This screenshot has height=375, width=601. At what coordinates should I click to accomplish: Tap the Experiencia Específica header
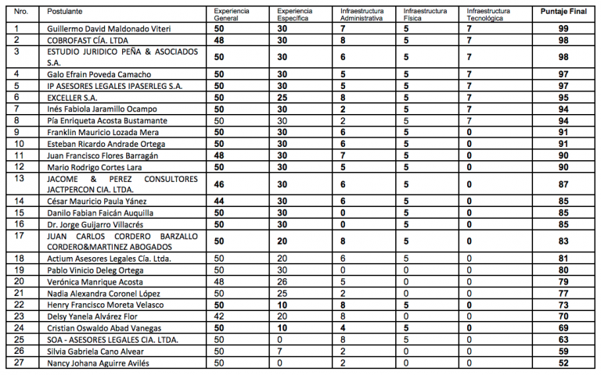(x=293, y=15)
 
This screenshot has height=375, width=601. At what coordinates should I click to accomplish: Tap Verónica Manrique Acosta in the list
(x=95, y=281)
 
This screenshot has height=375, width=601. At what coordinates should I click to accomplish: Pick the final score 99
(x=563, y=29)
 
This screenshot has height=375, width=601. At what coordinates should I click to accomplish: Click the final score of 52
(x=563, y=362)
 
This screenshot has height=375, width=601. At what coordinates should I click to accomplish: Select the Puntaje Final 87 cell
(x=563, y=184)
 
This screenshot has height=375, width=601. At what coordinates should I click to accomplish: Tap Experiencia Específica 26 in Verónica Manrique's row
(x=282, y=281)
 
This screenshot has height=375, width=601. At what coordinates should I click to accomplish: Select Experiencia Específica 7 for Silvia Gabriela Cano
(x=280, y=351)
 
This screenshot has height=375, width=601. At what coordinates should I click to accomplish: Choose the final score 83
(x=563, y=241)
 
